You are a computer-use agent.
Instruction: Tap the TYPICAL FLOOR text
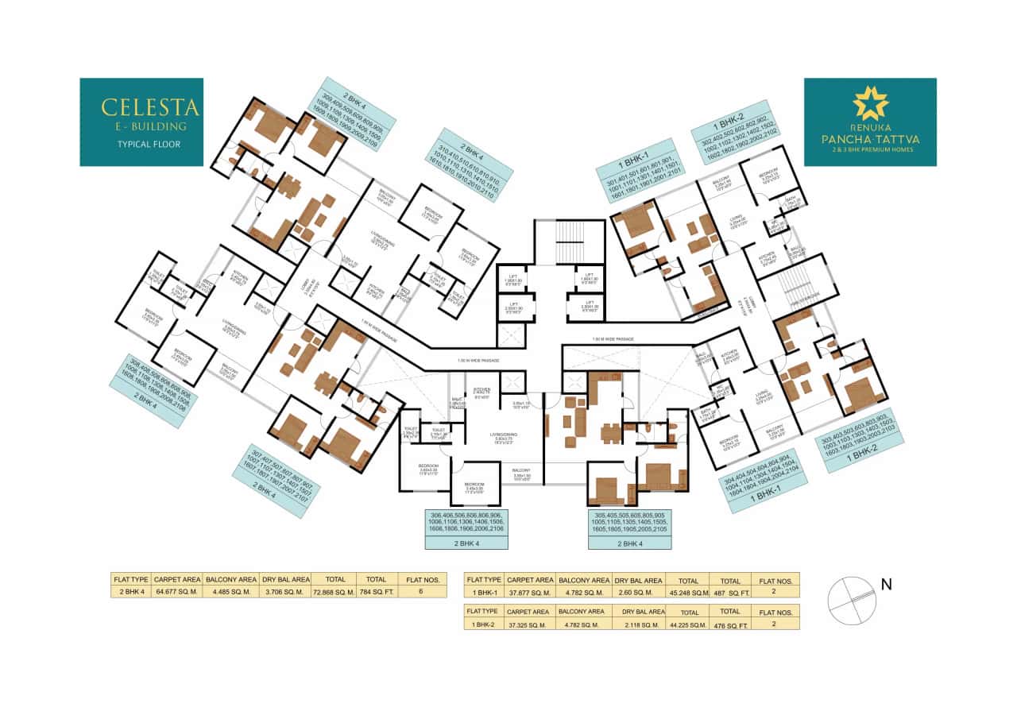141,145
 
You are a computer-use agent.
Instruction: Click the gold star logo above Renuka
870,102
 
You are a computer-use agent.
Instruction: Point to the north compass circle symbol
850,597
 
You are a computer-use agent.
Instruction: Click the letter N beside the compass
887,586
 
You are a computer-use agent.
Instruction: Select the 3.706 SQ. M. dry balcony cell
284,592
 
